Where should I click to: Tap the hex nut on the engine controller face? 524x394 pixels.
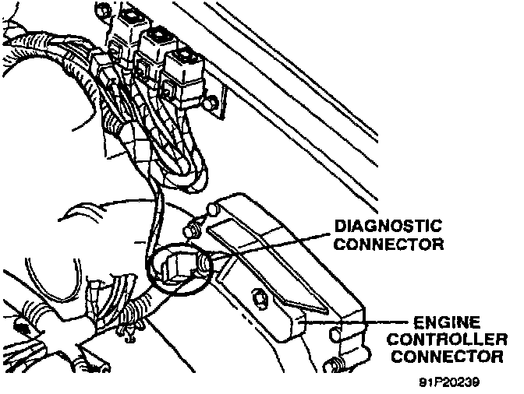coord(258,296)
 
